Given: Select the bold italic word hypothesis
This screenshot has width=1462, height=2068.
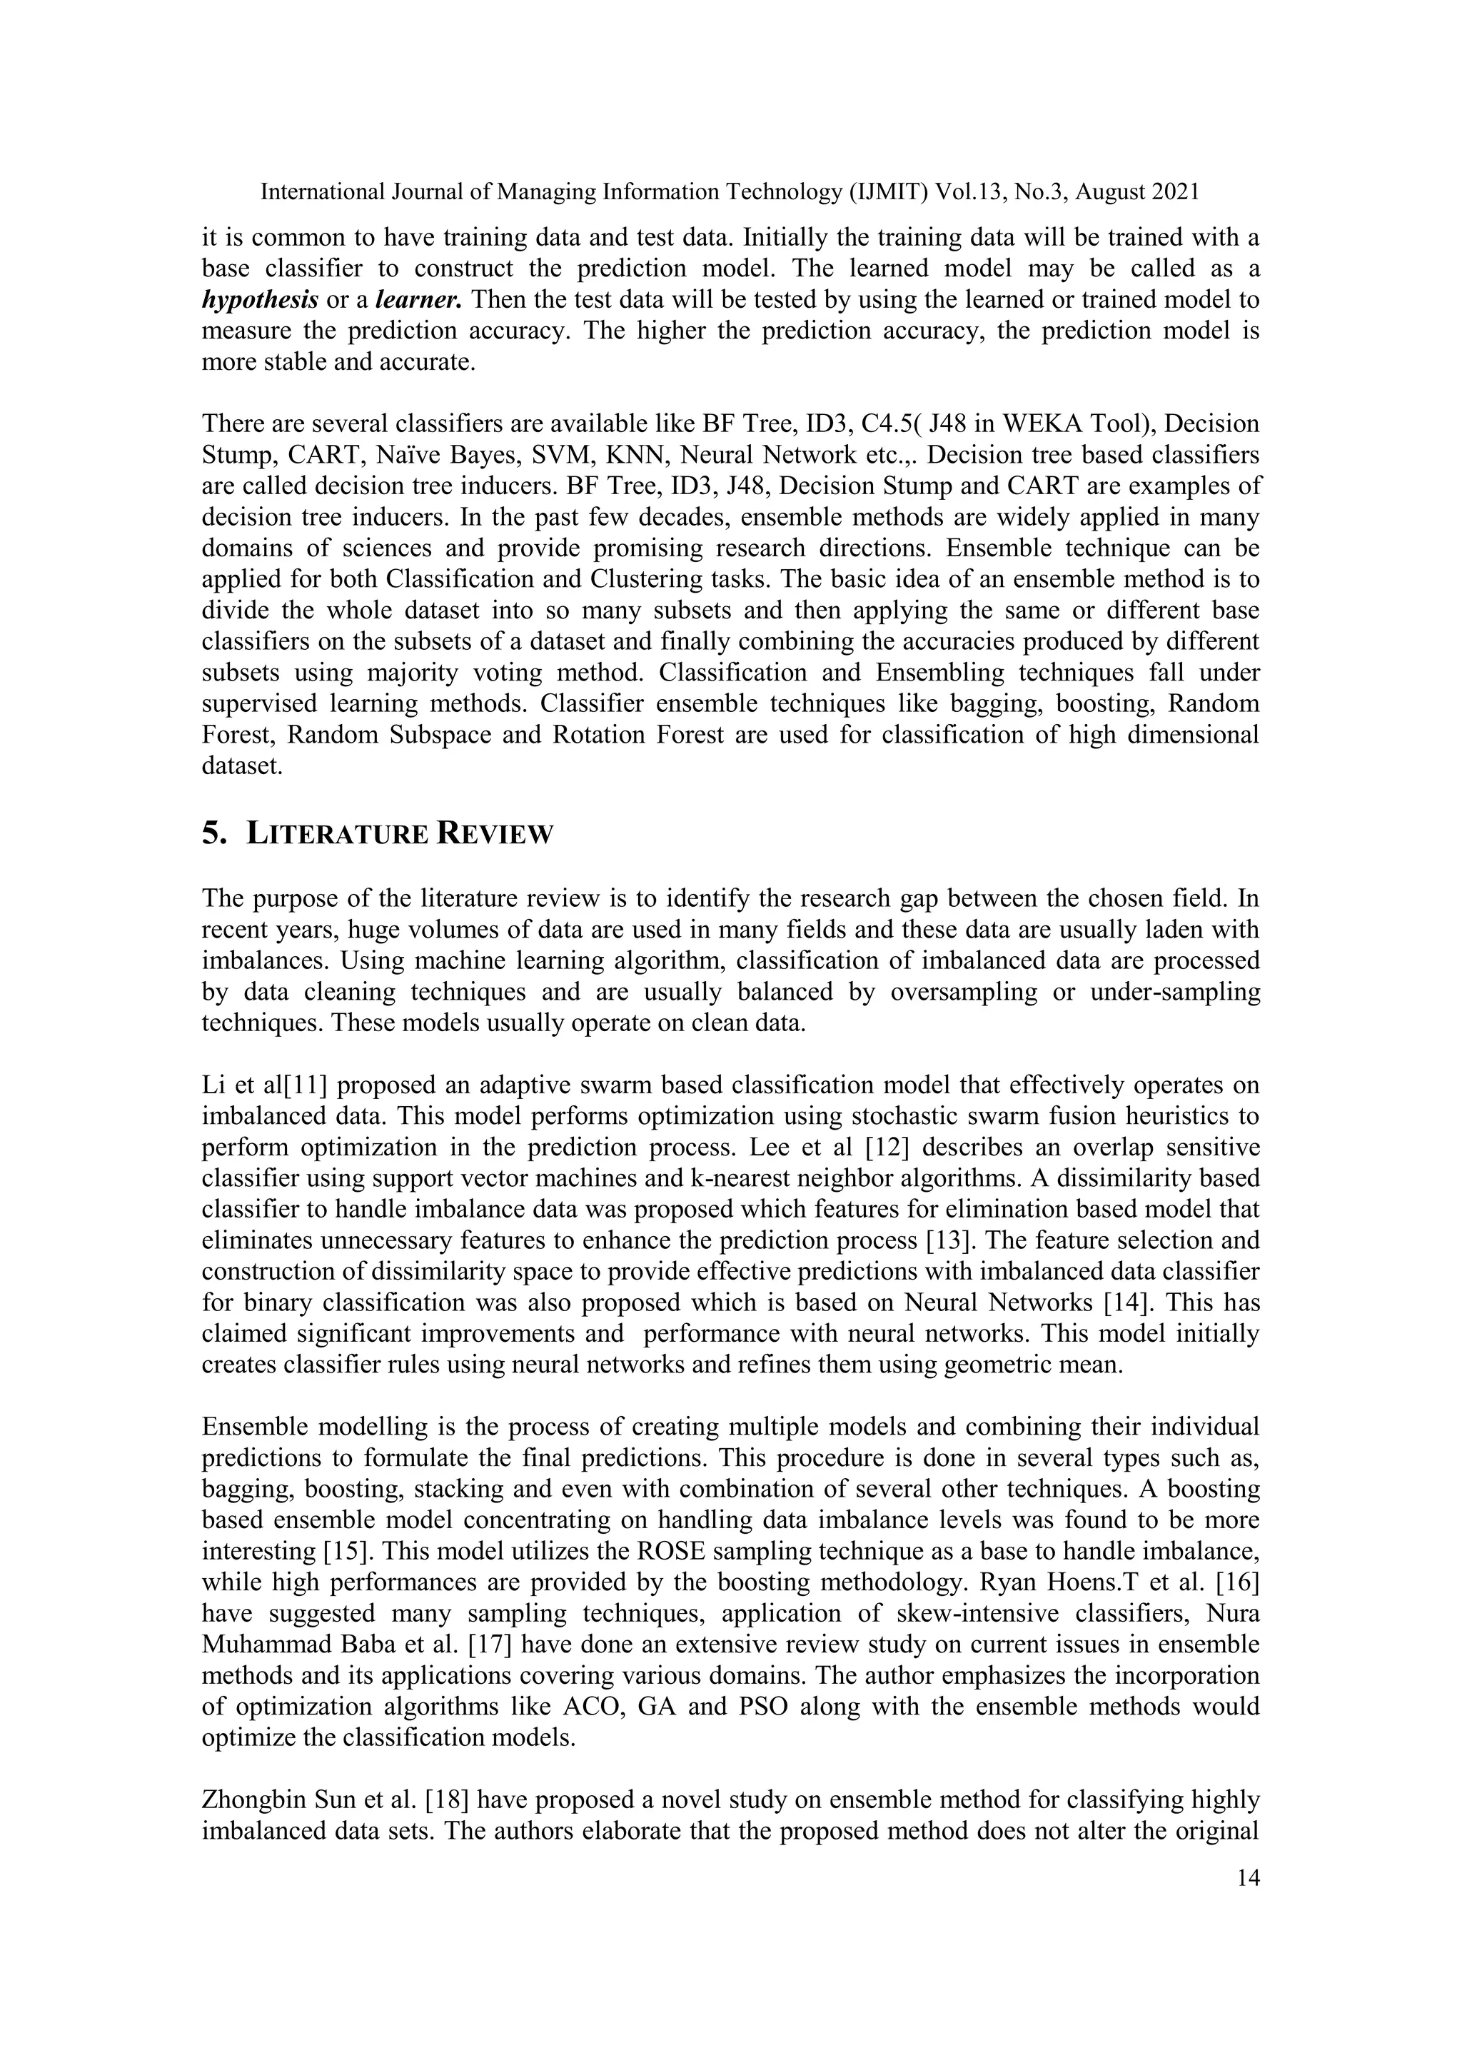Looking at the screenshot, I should [259, 300].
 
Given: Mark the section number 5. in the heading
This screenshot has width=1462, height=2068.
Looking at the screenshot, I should [214, 834].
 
